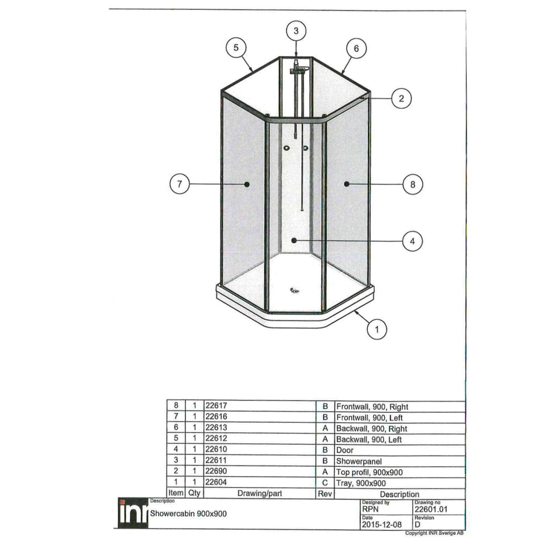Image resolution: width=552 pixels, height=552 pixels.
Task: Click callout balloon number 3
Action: (296, 30)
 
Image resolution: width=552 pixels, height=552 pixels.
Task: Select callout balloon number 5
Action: (236, 49)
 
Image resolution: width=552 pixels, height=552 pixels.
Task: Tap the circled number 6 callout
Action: (356, 49)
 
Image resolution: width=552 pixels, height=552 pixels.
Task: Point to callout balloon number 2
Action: (401, 98)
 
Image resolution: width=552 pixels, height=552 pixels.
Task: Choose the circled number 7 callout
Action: (180, 184)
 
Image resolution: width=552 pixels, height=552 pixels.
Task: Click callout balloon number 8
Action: (412, 184)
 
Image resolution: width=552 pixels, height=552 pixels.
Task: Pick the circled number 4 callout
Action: (412, 241)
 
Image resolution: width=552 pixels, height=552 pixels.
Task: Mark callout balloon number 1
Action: (377, 329)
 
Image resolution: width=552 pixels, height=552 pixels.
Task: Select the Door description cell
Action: (345, 450)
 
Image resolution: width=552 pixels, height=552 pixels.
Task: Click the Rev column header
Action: (325, 494)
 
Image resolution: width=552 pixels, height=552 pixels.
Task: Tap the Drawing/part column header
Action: (259, 494)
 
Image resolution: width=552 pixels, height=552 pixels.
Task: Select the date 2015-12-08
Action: (381, 525)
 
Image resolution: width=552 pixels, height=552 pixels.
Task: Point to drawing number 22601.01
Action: (430, 509)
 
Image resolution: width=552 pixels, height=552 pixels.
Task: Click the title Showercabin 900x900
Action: (188, 513)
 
